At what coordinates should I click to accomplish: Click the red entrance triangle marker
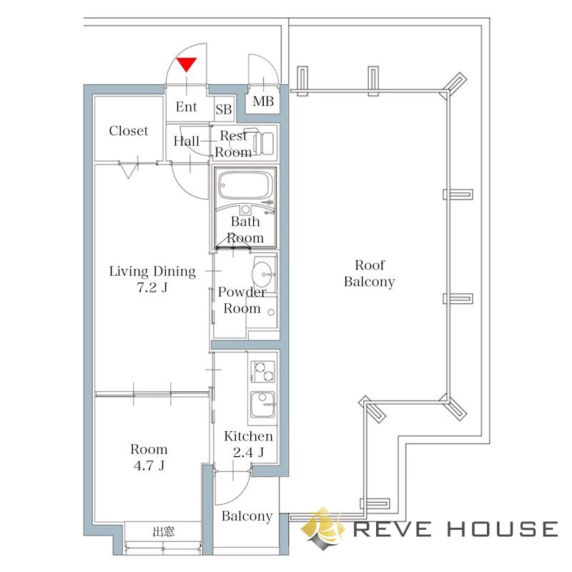point(187,64)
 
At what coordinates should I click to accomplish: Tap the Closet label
point(129,131)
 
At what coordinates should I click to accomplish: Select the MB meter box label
point(263,102)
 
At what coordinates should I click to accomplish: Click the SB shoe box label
point(223,109)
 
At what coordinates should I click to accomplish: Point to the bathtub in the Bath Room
point(245,185)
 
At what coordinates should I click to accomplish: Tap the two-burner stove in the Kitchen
point(262,371)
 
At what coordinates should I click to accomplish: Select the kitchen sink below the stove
point(262,405)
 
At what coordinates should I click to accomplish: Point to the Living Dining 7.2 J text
point(152,279)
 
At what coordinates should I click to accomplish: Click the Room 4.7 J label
point(149,457)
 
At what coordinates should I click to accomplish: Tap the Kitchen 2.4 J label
point(248,444)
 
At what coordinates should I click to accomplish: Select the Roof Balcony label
point(369,273)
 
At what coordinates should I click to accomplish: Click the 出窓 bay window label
point(163,531)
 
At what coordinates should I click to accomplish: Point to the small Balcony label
point(247,516)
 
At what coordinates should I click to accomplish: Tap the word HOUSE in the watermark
point(503,528)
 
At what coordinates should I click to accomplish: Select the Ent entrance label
point(186,107)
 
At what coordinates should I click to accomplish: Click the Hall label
point(186,141)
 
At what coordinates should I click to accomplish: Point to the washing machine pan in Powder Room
point(261,312)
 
